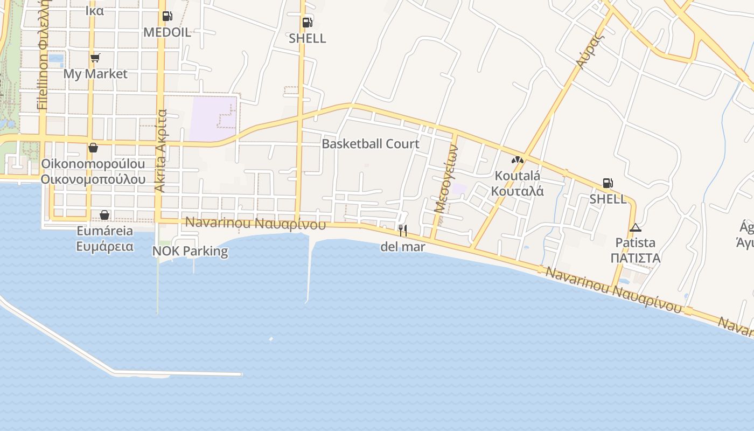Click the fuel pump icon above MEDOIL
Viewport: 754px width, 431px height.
pyautogui.click(x=167, y=16)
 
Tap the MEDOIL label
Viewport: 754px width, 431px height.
pyautogui.click(x=167, y=32)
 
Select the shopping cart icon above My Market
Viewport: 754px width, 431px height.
pyautogui.click(x=95, y=58)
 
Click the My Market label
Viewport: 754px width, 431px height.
pyautogui.click(x=95, y=74)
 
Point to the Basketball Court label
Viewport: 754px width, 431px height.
pyautogui.click(x=370, y=144)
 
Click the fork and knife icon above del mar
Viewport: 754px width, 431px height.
pyautogui.click(x=402, y=231)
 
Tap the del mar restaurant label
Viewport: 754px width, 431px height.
pyautogui.click(x=402, y=247)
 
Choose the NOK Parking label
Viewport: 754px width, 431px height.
pyautogui.click(x=190, y=251)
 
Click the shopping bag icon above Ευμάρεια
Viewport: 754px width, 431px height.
pyautogui.click(x=104, y=215)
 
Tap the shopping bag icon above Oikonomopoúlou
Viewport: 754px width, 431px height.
pyautogui.click(x=93, y=147)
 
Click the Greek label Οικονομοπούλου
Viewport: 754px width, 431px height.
pyautogui.click(x=93, y=179)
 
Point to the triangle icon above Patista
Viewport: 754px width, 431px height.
pyautogui.click(x=636, y=227)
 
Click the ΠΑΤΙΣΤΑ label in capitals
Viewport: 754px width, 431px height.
pyautogui.click(x=636, y=258)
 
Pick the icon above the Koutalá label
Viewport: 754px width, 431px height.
pyautogui.click(x=518, y=160)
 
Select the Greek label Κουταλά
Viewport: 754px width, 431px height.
pyautogui.click(x=518, y=191)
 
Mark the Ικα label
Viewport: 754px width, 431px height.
pyautogui.click(x=95, y=11)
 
